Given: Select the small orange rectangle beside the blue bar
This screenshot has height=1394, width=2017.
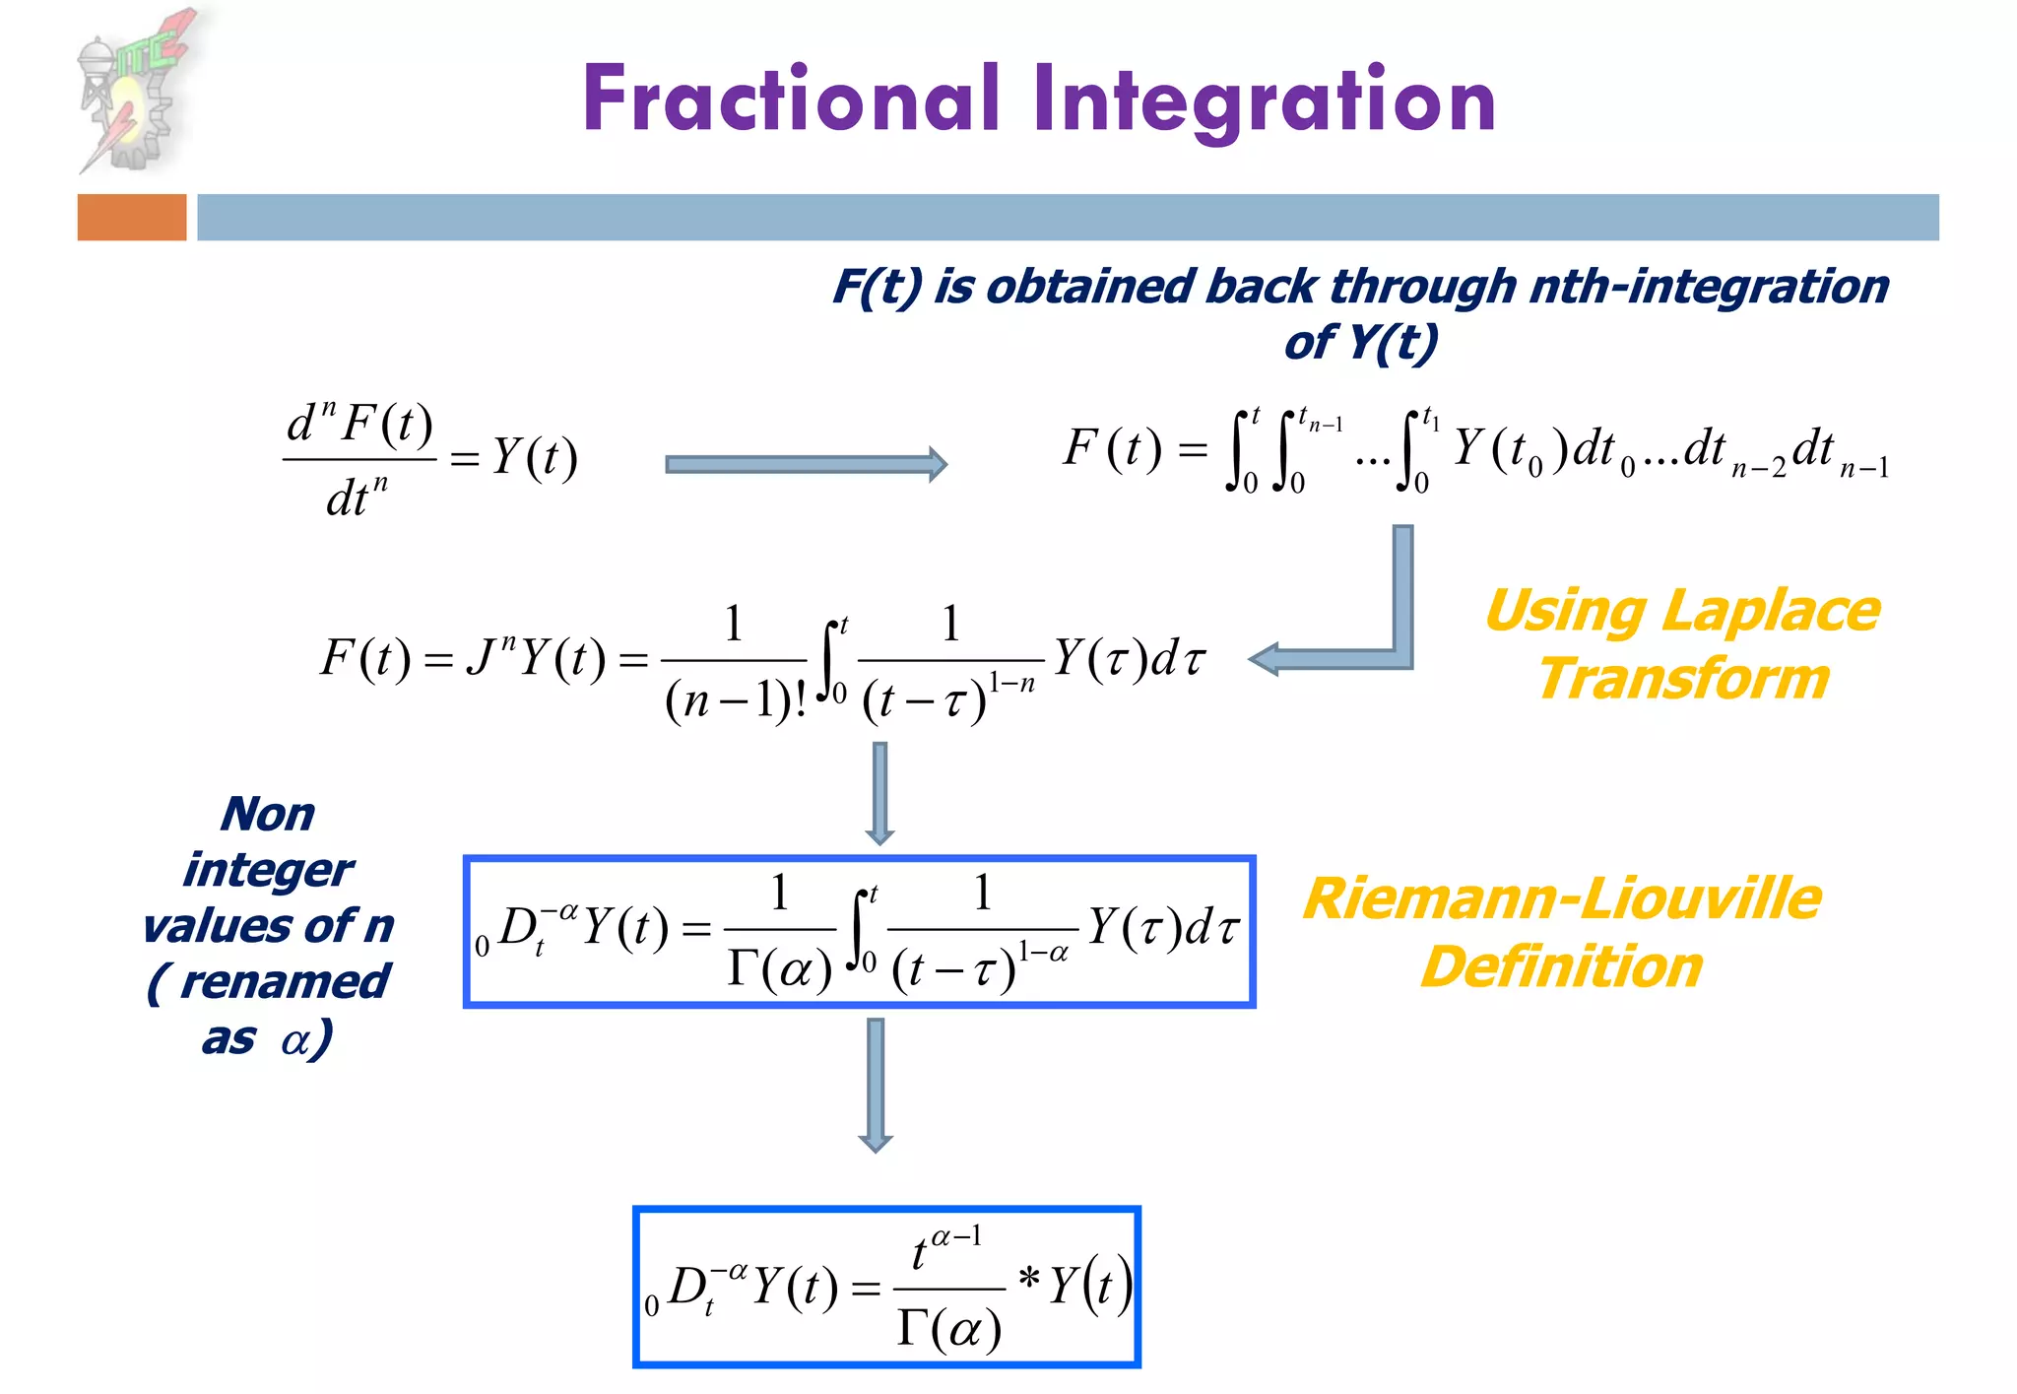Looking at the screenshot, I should tap(132, 217).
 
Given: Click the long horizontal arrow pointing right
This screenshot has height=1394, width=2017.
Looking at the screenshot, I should tap(806, 464).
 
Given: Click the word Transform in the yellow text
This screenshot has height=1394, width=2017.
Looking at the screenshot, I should tap(1683, 680).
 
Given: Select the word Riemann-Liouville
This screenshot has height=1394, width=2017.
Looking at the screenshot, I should tap(1562, 898).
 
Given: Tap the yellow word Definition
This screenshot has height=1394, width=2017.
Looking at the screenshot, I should tap(1562, 966).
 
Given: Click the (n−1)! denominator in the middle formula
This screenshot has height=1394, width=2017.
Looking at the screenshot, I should tap(736, 701).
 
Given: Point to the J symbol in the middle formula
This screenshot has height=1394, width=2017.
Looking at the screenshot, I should tap(481, 658).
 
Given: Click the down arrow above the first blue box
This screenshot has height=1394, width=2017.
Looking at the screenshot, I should tap(879, 792).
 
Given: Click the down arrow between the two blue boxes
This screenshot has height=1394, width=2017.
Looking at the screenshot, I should tap(876, 1084).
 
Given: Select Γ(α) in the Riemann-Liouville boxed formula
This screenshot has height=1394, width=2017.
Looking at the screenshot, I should tap(779, 970).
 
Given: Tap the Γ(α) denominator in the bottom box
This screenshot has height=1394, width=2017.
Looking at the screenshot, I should tap(948, 1329).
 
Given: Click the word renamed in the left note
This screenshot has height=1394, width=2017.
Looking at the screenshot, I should tap(285, 981).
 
